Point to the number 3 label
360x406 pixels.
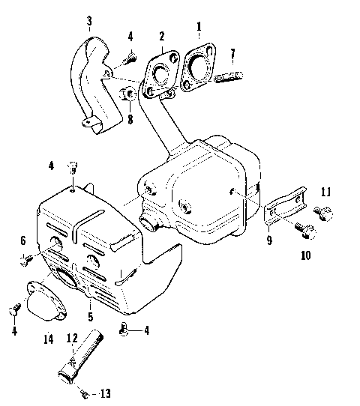(x=90, y=19)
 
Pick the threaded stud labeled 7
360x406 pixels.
(x=227, y=76)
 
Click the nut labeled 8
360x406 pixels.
(x=128, y=95)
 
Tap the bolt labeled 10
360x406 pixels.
(x=304, y=231)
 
